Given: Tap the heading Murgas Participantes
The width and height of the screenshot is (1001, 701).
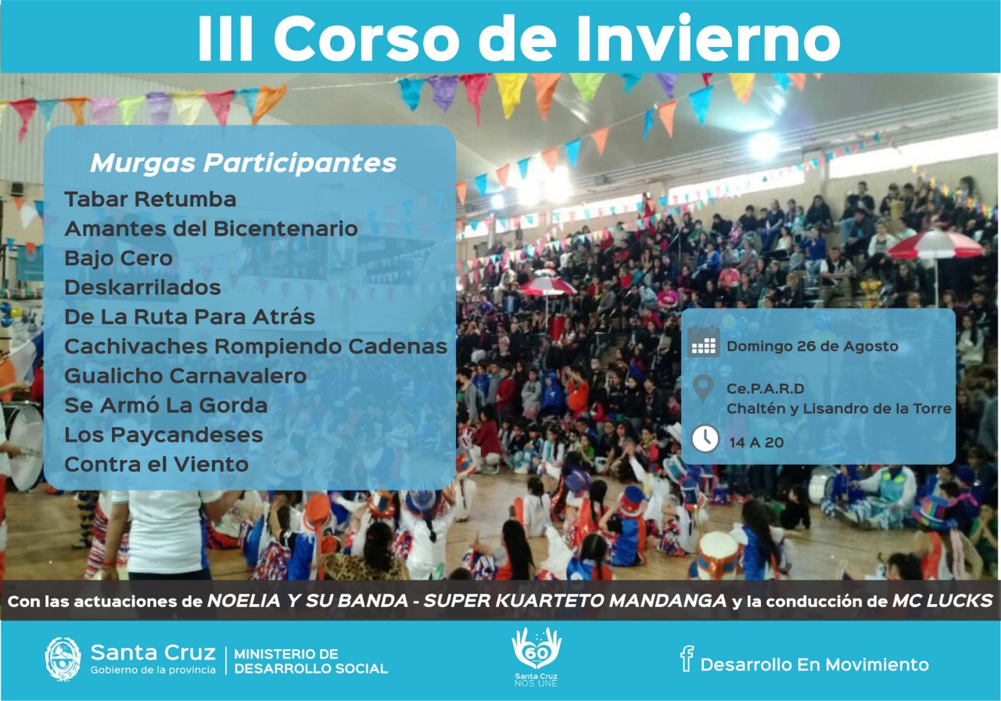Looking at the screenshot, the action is [x=243, y=164].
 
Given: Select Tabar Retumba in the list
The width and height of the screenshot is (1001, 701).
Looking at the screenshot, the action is [x=150, y=200].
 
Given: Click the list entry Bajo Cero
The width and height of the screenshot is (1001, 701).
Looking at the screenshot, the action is [x=118, y=258].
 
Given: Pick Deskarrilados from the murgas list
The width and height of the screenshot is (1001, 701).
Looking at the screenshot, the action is [x=142, y=287].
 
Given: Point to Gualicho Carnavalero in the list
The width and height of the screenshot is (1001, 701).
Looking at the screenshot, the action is [x=185, y=376].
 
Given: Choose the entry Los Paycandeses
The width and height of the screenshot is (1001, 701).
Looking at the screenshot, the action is [x=163, y=435].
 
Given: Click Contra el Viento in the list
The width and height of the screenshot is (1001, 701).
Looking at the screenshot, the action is [x=156, y=464].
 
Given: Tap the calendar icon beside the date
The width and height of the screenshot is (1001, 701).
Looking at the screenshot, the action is [x=703, y=341].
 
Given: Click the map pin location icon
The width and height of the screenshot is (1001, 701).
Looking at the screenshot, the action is [x=703, y=389].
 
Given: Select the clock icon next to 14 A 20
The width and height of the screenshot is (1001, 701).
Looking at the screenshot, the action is [x=705, y=439].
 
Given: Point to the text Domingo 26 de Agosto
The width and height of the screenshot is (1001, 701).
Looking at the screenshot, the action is [x=813, y=347].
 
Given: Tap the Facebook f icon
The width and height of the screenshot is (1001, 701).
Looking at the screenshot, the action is [x=687, y=659].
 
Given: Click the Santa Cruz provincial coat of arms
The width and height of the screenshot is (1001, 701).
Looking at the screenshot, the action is [x=63, y=660].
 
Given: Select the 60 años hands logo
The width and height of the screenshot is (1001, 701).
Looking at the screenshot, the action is [x=536, y=656].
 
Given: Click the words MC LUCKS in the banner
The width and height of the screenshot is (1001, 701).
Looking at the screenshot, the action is [x=943, y=601].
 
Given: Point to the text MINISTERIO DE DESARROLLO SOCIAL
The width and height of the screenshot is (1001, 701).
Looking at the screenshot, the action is [x=311, y=661].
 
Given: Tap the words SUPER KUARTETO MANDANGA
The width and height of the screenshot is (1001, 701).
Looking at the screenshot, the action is [x=575, y=601].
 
